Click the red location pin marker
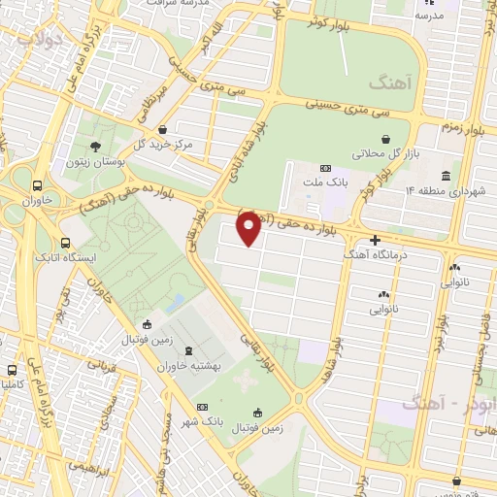point(248,229)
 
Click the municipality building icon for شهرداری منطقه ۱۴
point(446,176)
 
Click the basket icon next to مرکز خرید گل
point(161,130)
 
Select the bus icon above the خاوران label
point(38,186)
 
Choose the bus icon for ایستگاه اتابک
point(65,243)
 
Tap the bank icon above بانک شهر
point(202,407)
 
